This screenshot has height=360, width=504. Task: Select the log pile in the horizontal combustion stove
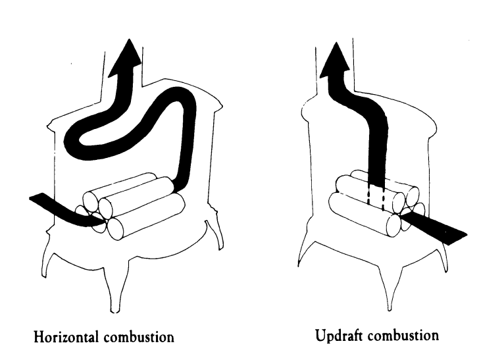tap(135, 204)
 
